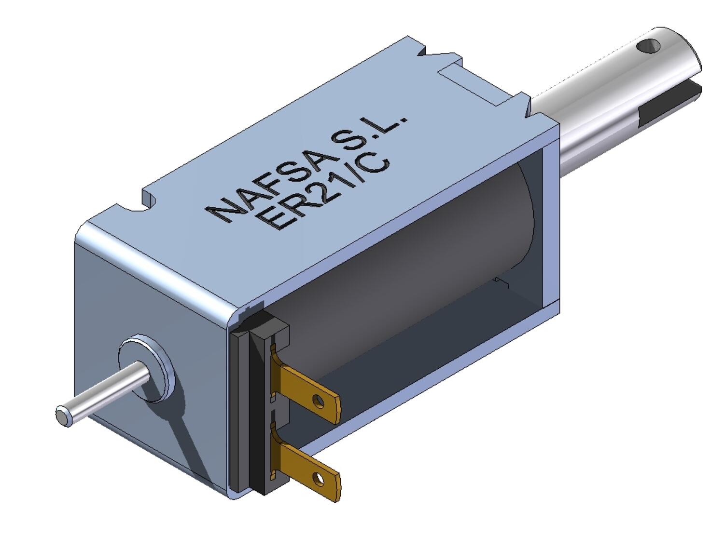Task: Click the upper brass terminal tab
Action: click(309, 390)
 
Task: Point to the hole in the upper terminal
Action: click(318, 400)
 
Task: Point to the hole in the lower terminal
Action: click(318, 479)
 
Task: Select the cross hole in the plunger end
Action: click(648, 46)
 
